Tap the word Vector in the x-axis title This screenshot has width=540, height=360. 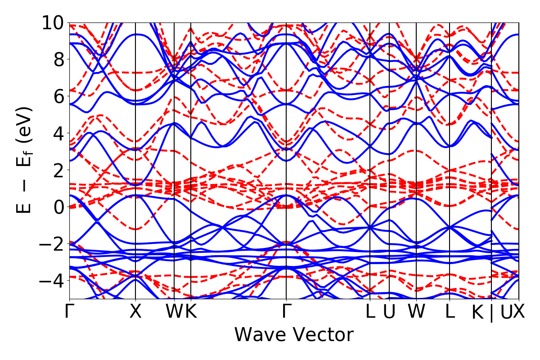click(320, 335)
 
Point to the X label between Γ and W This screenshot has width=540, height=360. click(135, 312)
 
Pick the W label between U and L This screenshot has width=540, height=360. click(416, 312)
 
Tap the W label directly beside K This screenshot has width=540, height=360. click(175, 312)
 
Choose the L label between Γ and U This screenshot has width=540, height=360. click(370, 312)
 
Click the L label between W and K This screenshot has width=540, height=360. click(450, 312)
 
